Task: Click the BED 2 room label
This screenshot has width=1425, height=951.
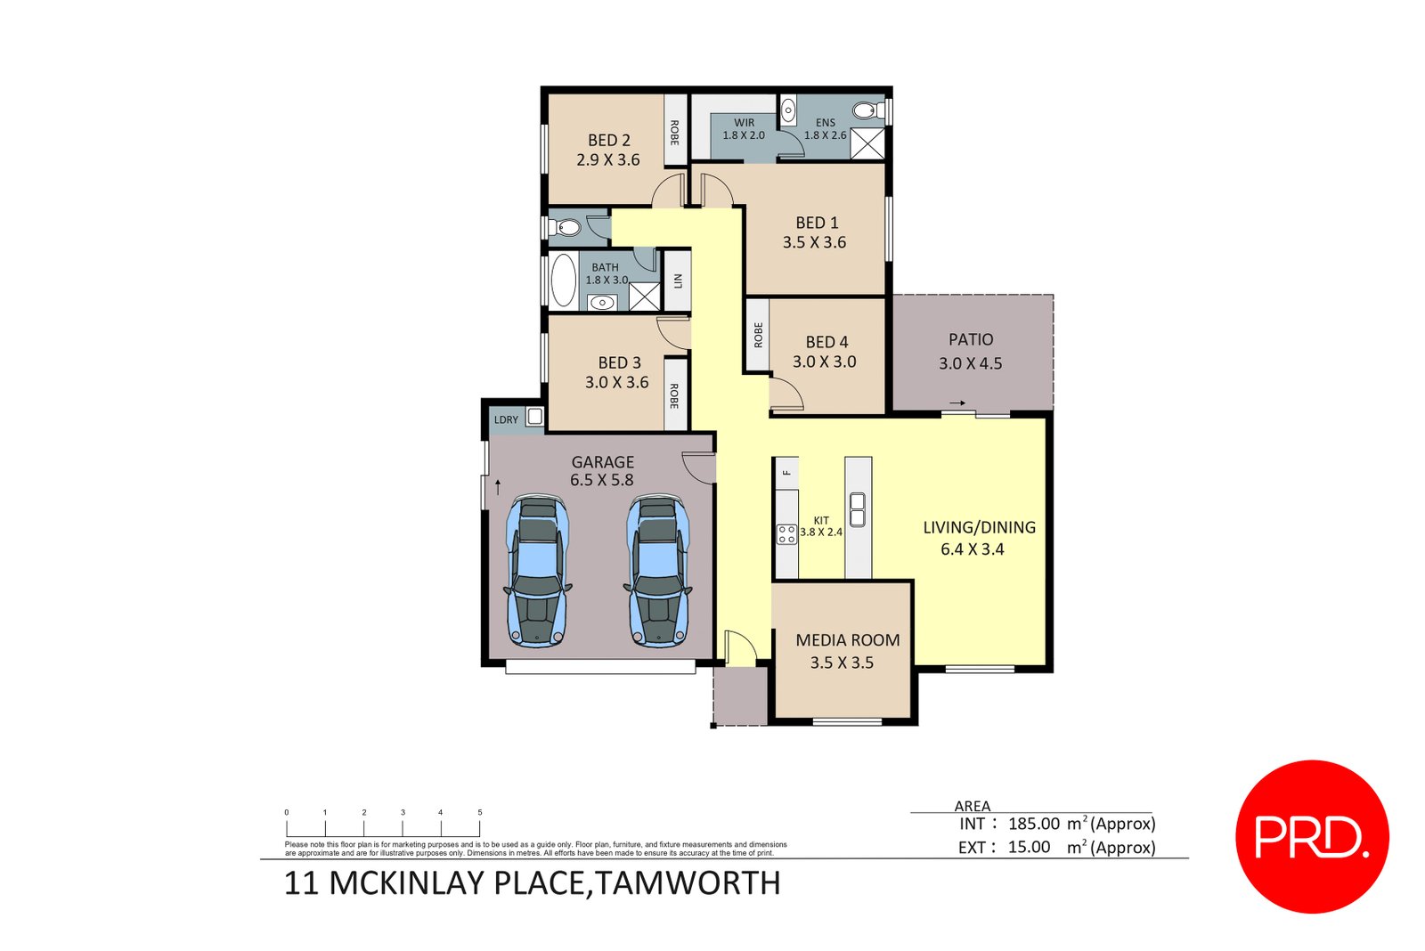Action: point(609,141)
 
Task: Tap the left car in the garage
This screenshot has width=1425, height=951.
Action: point(537,570)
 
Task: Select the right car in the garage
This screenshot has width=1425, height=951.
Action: point(658,570)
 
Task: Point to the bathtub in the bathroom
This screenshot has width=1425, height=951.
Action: point(563,280)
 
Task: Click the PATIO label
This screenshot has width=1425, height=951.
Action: point(971,339)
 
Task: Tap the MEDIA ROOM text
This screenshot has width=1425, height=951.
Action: point(847,640)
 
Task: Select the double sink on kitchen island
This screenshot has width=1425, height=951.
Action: point(858,509)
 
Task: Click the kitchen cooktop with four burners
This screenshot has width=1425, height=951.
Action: point(786,533)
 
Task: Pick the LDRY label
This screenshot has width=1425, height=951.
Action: point(506,419)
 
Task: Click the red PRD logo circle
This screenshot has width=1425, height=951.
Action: point(1312,836)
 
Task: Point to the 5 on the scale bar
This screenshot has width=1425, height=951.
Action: point(479,812)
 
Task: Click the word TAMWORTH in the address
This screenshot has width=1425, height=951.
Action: point(687,883)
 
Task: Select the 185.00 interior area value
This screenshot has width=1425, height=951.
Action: point(1034,824)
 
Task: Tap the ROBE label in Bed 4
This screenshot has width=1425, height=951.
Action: point(758,336)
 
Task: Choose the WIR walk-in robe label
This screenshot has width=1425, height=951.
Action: point(745,123)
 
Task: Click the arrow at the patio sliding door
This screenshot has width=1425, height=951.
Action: point(957,403)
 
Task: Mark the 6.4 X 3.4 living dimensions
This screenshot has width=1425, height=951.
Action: point(972,549)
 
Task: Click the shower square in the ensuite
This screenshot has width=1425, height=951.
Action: point(867,144)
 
